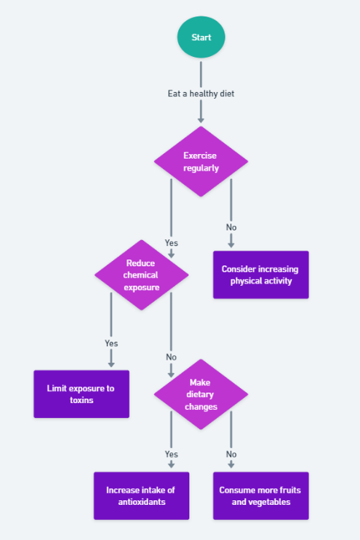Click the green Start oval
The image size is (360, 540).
coord(201,37)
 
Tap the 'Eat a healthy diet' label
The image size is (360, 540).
coord(201,93)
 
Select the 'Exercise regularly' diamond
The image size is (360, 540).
coord(201,162)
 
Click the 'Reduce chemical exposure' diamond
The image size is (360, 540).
coord(141,274)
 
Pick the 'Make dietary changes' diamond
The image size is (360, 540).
coord(201,394)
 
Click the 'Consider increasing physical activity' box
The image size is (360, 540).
coord(260,274)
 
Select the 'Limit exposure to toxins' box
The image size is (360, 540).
coord(82,394)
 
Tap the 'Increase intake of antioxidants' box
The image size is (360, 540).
coord(141,496)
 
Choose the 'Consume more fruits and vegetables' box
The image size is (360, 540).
coord(260,496)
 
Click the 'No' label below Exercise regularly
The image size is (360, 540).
coord(231,227)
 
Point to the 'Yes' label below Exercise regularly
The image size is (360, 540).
coord(171,243)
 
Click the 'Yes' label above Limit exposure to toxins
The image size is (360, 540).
coord(112,343)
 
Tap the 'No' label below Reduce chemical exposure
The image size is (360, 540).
coord(171,357)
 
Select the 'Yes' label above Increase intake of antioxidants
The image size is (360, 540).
coord(171,454)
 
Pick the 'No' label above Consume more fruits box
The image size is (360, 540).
coord(231,454)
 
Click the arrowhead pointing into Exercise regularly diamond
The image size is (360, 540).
coord(201,120)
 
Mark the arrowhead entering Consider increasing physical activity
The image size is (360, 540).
coord(231,245)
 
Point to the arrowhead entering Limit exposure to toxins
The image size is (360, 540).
coord(112,364)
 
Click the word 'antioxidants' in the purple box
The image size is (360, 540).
coord(141,502)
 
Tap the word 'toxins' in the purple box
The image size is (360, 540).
coord(82,400)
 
